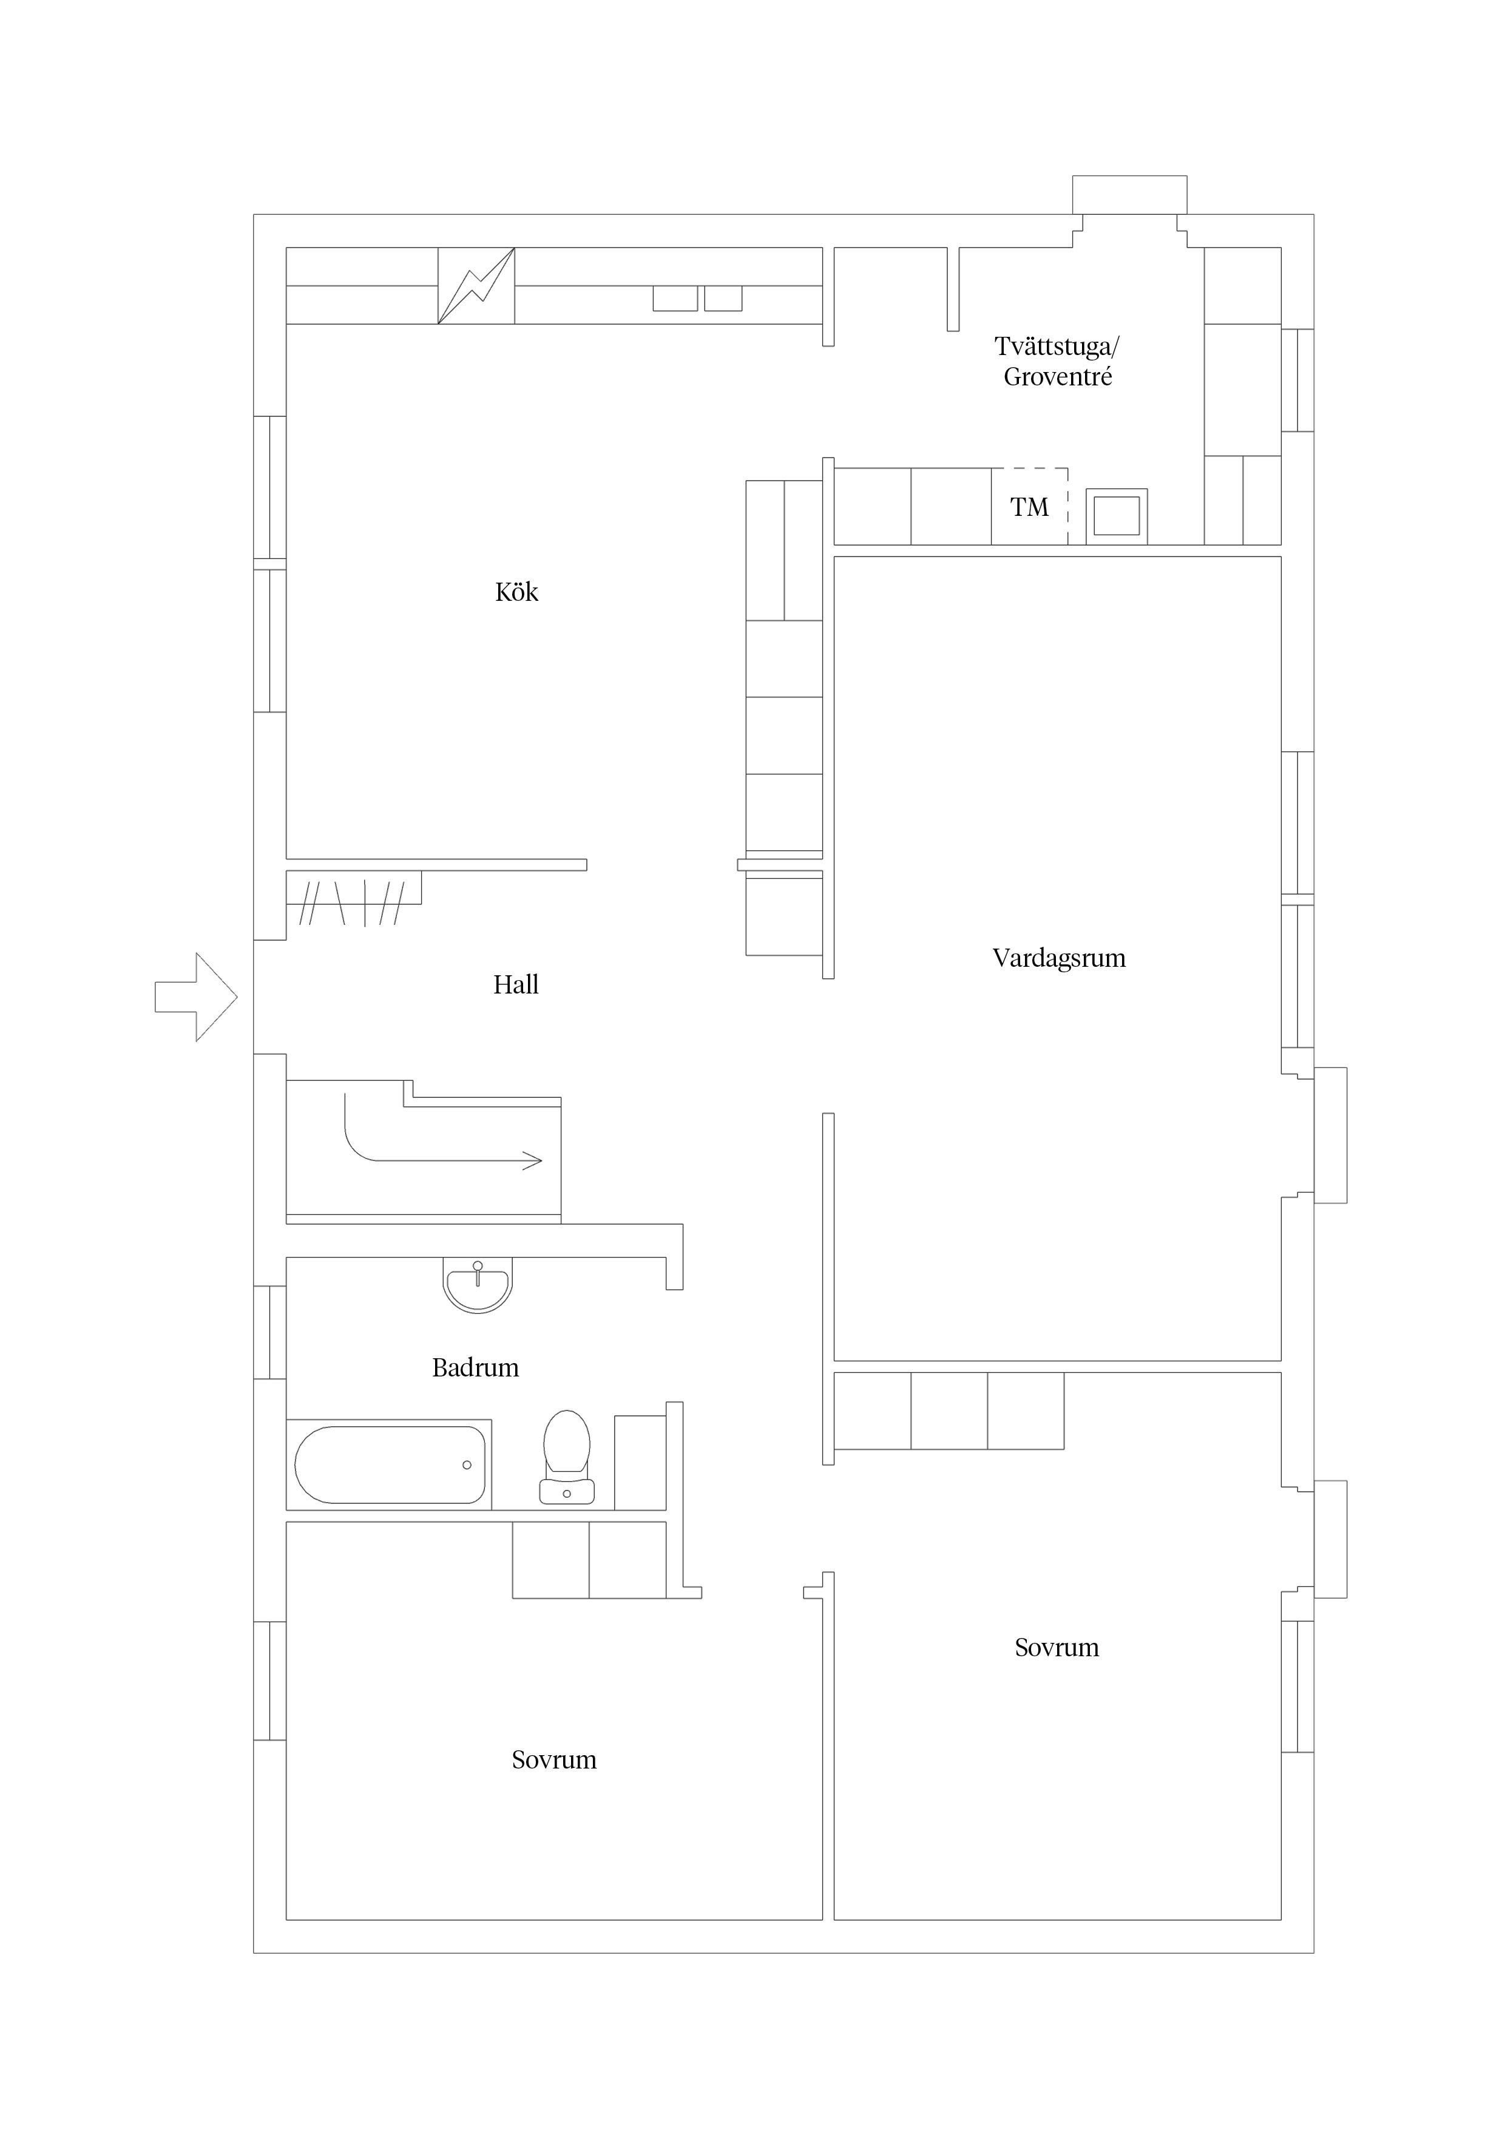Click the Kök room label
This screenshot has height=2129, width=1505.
click(x=516, y=592)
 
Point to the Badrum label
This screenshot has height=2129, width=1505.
click(x=476, y=1368)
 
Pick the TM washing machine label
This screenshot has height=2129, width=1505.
click(x=1029, y=507)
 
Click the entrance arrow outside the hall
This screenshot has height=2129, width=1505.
click(x=195, y=997)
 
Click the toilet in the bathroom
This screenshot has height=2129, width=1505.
click(x=567, y=1457)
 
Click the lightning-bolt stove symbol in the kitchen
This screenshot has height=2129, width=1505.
click(x=476, y=286)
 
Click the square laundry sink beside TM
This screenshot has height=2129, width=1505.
click(x=1117, y=515)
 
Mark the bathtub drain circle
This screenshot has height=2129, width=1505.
click(x=467, y=1465)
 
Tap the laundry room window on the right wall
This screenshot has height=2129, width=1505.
click(x=1297, y=380)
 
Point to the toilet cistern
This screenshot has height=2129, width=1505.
click(x=567, y=1490)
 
